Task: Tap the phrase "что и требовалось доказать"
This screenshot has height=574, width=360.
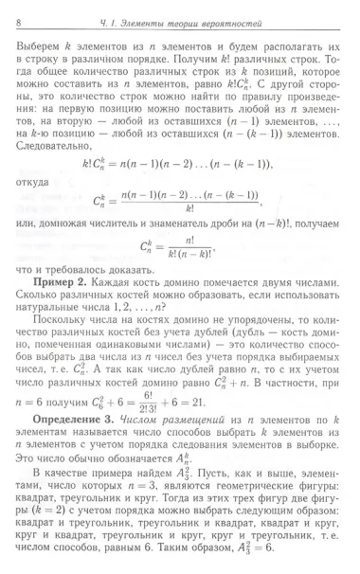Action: tap(88, 277)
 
